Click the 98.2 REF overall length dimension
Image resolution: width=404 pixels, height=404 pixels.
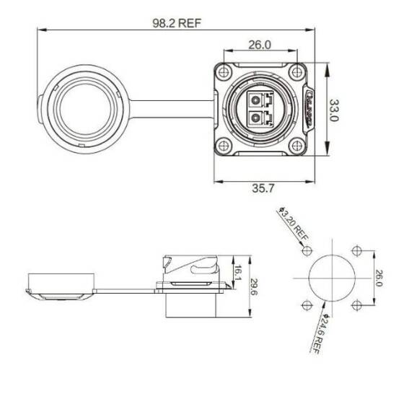click(176, 22)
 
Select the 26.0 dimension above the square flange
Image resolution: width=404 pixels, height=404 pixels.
click(260, 45)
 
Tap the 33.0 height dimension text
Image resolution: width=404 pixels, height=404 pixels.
click(334, 110)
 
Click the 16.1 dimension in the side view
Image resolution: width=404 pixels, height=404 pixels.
click(239, 271)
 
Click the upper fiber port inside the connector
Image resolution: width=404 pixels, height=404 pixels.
click(260, 99)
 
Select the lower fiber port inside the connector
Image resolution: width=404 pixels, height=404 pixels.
click(260, 118)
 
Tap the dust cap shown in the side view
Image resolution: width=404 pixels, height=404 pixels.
click(61, 286)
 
